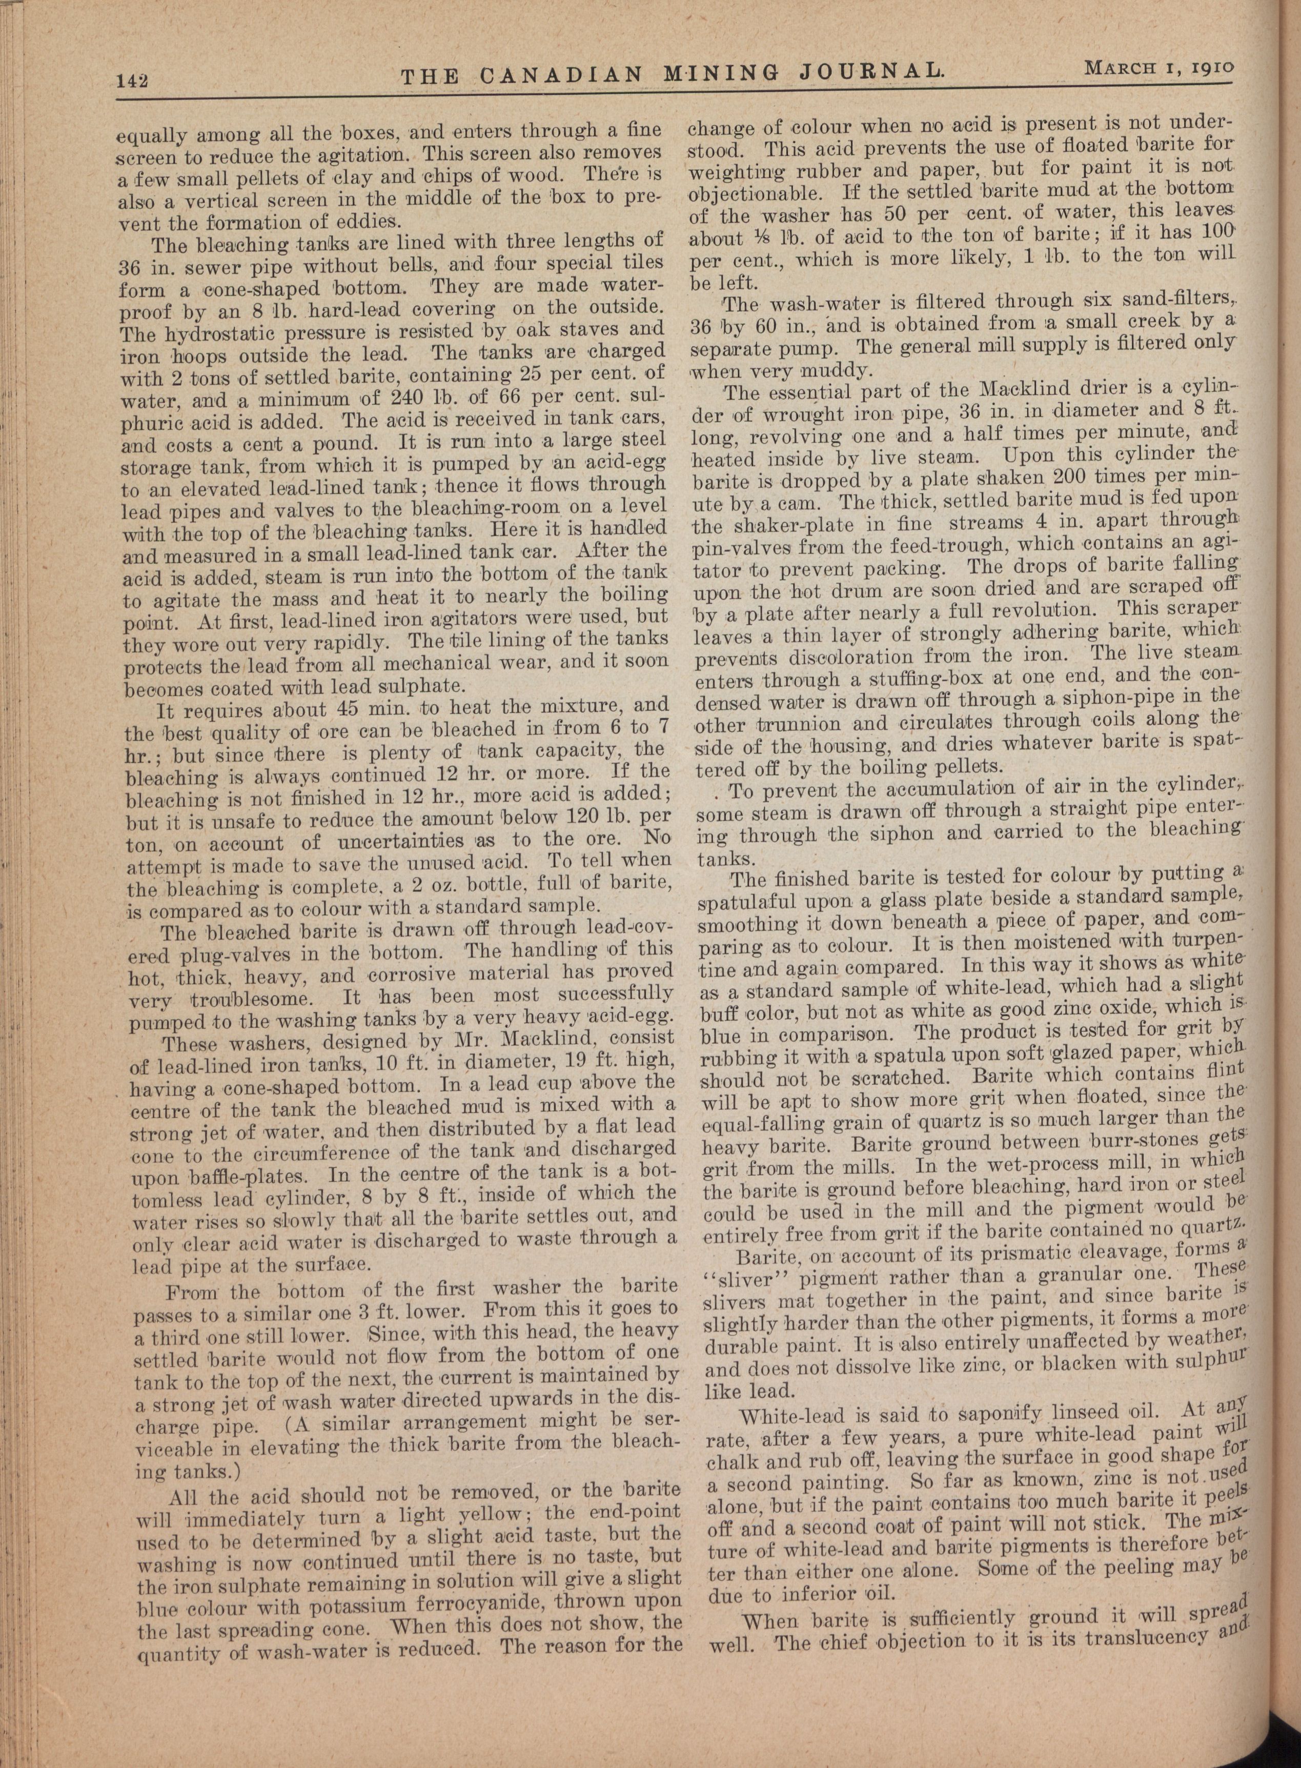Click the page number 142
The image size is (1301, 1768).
132,80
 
